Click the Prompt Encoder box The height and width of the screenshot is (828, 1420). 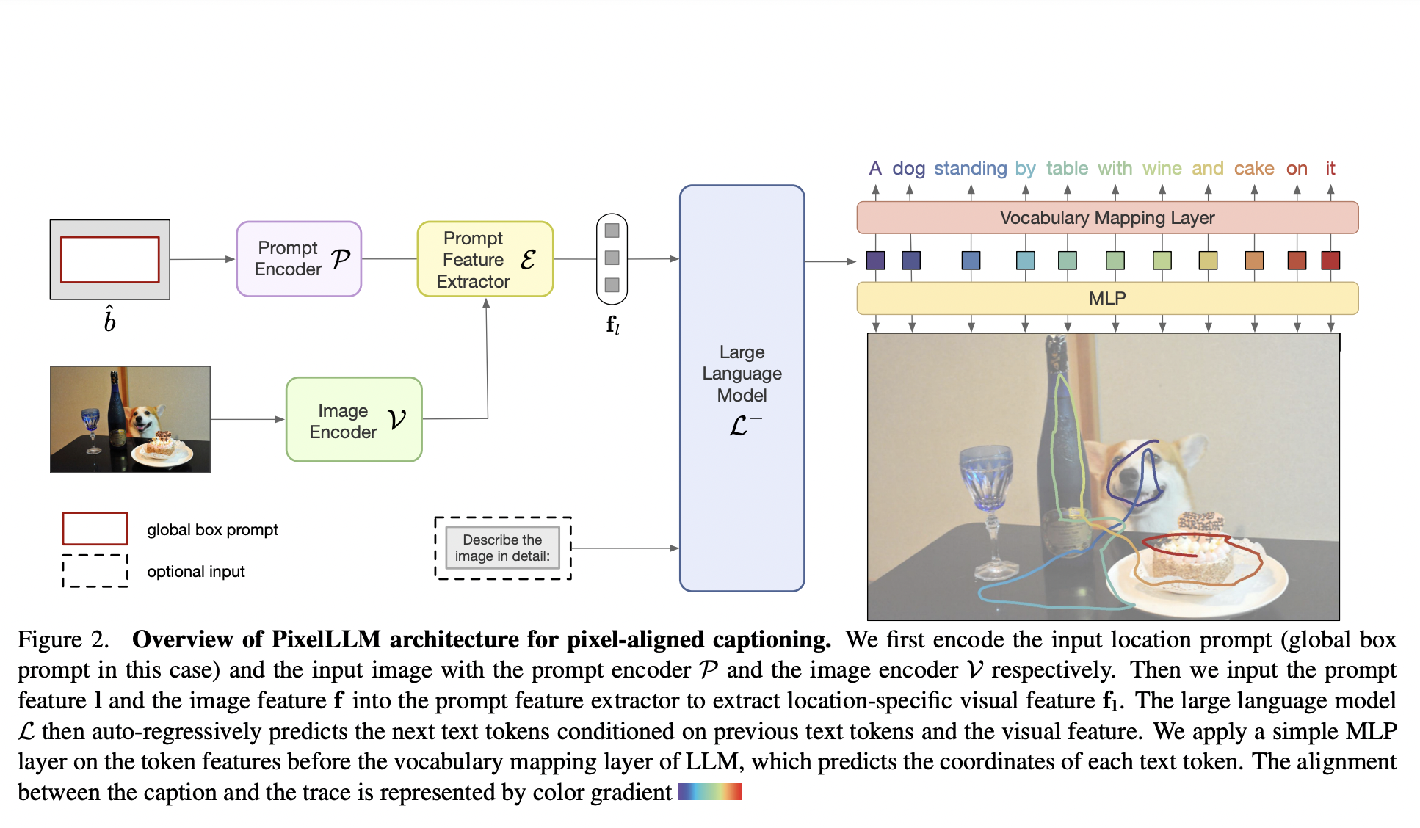click(x=299, y=259)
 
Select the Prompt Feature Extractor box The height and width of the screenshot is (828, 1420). click(x=485, y=260)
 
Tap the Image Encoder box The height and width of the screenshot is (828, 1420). click(x=354, y=420)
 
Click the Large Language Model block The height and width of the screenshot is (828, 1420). click(x=742, y=388)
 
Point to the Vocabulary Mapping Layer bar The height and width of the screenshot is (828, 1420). click(x=1106, y=218)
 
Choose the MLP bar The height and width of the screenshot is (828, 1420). click(x=1106, y=299)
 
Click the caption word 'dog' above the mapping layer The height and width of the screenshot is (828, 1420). click(x=908, y=169)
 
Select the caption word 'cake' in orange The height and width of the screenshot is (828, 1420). click(x=1253, y=169)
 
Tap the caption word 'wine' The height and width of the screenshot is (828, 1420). click(x=1162, y=169)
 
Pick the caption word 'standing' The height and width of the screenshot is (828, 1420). click(x=970, y=169)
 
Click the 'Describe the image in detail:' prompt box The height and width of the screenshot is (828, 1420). click(x=502, y=548)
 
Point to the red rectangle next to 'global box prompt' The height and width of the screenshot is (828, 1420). click(x=95, y=529)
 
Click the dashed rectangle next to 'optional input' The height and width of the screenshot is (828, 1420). click(x=95, y=571)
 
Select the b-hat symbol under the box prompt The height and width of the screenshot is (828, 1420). click(x=109, y=319)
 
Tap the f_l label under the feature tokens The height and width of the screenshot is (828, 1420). click(x=612, y=324)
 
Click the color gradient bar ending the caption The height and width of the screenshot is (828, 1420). click(x=710, y=792)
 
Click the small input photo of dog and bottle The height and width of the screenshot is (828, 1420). click(x=130, y=419)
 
